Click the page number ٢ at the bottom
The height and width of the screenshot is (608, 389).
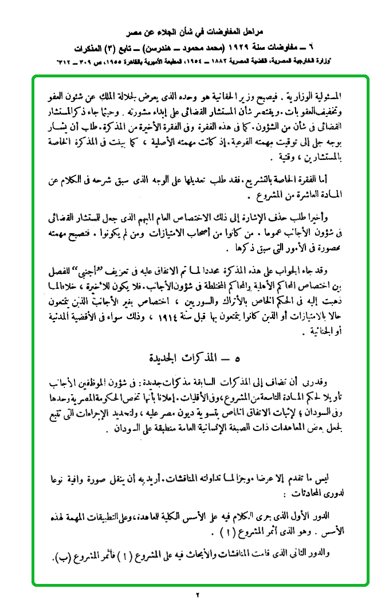click(195, 595)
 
